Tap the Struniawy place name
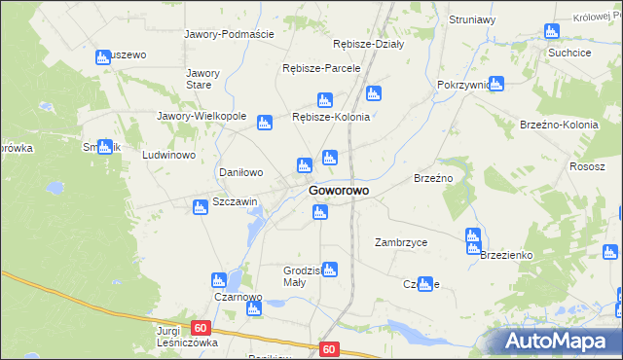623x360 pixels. [473, 19]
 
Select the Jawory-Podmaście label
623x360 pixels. [230, 33]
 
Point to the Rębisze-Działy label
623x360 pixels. [368, 44]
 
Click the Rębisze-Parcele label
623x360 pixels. [321, 69]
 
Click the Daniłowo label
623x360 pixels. [240, 172]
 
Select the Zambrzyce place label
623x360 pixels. [401, 242]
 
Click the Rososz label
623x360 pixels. [588, 166]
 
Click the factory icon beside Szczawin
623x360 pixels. [201, 205]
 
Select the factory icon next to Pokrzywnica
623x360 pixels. [496, 84]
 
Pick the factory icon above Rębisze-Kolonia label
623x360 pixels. [325, 99]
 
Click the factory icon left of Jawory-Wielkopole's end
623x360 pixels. [264, 123]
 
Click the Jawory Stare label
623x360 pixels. [203, 79]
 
